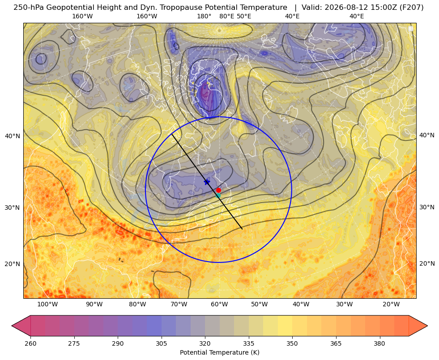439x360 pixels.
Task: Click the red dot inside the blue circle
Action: [218, 190]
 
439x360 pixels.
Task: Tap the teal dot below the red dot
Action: [218, 195]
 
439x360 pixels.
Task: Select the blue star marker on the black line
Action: [207, 182]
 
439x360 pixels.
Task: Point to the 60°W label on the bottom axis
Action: [219, 305]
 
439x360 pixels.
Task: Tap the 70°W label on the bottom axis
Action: [179, 305]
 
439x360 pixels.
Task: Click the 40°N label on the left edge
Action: [13, 136]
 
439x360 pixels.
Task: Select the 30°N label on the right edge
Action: [427, 207]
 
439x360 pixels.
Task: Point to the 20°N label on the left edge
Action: [13, 264]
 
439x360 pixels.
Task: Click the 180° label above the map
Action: [204, 16]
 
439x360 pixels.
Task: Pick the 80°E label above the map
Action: [227, 16]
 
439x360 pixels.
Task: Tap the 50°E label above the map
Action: [244, 16]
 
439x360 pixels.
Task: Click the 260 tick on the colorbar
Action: [30, 343]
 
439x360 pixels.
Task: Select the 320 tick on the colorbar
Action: [205, 343]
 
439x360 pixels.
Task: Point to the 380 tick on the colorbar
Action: [379, 343]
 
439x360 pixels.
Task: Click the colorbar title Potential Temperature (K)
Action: [219, 352]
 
